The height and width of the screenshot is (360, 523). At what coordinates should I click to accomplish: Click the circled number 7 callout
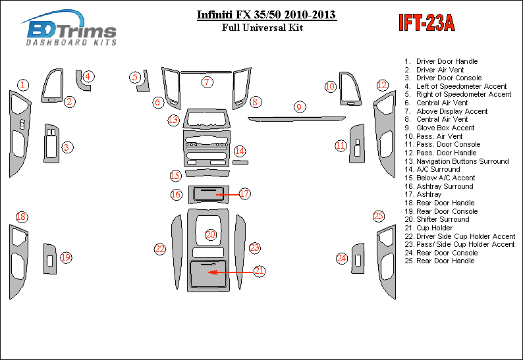coord(207,82)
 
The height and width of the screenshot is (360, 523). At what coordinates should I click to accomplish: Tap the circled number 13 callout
coord(173,120)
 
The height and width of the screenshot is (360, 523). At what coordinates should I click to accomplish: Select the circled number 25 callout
coord(379,216)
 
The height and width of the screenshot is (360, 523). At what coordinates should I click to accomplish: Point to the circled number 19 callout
coord(66,258)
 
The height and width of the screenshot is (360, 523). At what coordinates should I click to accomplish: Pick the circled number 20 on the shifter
coord(211,234)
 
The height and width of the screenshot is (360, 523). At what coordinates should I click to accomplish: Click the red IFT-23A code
coord(426,23)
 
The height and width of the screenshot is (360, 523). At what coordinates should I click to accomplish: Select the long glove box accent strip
coord(296,118)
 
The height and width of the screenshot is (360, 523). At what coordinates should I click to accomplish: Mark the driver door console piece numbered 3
coord(51,142)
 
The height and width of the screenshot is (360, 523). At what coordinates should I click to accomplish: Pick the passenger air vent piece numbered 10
coord(350,88)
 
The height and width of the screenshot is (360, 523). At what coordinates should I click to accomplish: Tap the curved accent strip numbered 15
coord(207,174)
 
